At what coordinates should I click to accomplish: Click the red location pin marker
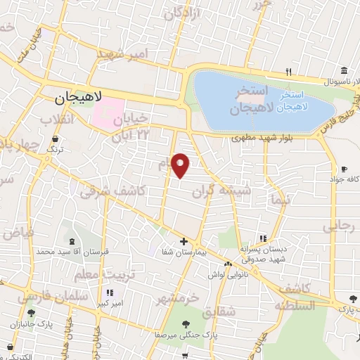pos(181,165)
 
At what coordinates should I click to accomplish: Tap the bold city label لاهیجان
pos(79,99)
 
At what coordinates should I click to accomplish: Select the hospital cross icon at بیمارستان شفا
pos(184,241)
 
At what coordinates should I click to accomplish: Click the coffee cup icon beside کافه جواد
pos(345,169)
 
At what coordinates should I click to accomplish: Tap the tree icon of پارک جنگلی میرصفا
pos(186,324)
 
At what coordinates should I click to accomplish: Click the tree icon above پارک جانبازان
pos(30,314)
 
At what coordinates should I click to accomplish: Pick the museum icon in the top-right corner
pos(344,71)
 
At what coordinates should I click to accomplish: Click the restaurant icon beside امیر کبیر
pos(109,292)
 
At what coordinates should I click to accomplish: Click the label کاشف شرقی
pos(112,191)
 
